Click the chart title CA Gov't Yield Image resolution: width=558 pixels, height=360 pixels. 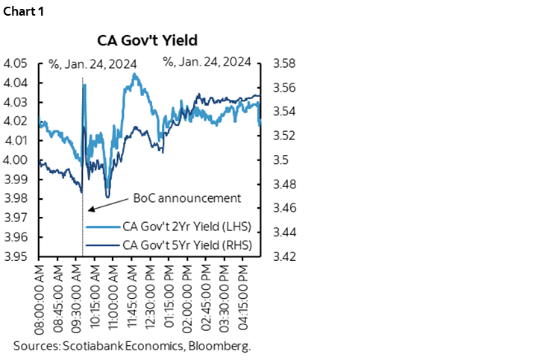click(148, 40)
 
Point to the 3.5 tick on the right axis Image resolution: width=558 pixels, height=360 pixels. click(281, 160)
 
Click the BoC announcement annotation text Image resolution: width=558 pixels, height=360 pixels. click(186, 198)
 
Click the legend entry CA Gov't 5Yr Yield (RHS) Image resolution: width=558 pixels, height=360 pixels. click(186, 244)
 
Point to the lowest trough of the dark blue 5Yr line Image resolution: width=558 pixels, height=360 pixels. click(108, 197)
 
